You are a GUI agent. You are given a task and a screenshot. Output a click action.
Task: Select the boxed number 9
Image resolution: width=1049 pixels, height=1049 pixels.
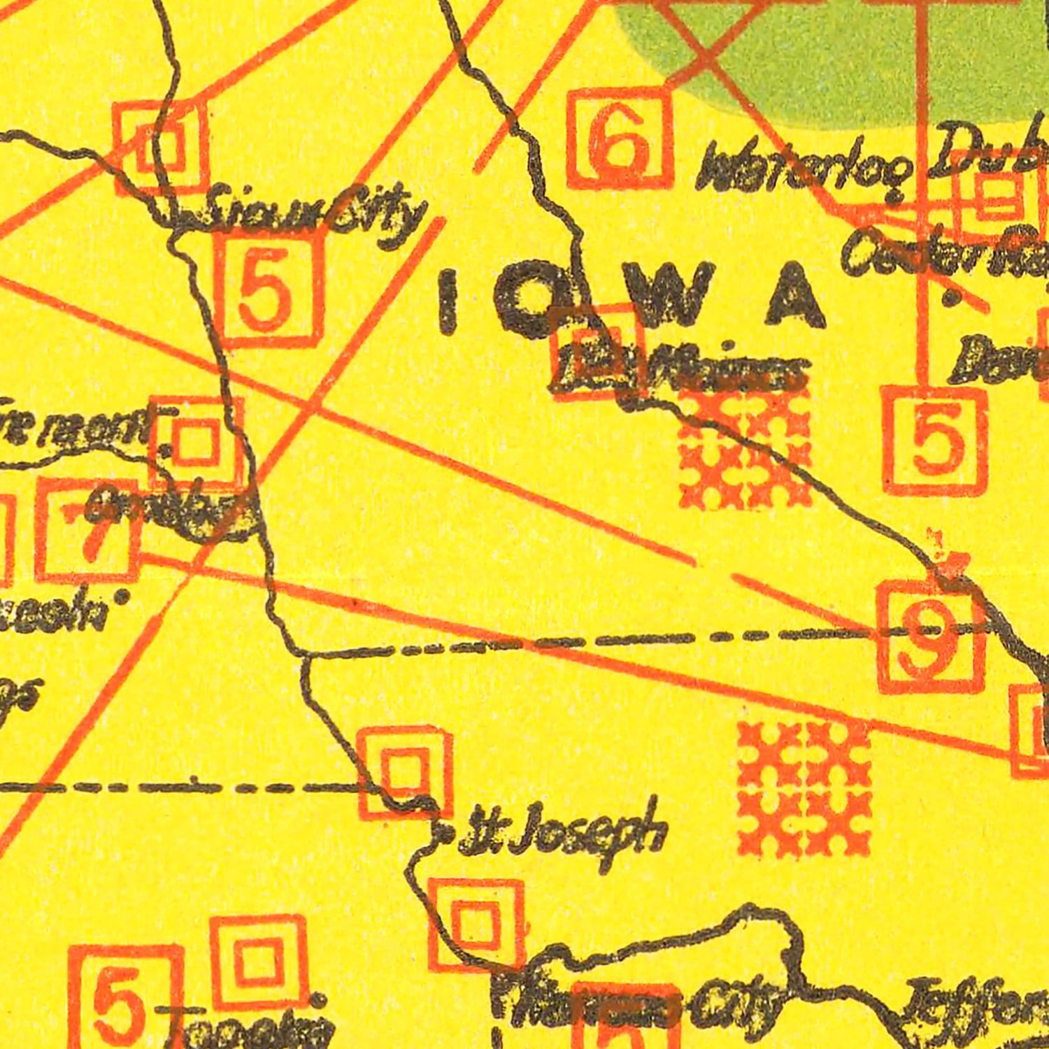tap(931, 636)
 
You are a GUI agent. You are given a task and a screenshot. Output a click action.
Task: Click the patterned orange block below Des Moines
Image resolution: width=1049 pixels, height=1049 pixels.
tap(745, 448)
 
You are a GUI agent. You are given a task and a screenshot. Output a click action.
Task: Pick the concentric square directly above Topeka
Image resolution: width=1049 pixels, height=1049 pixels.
tap(258, 962)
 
